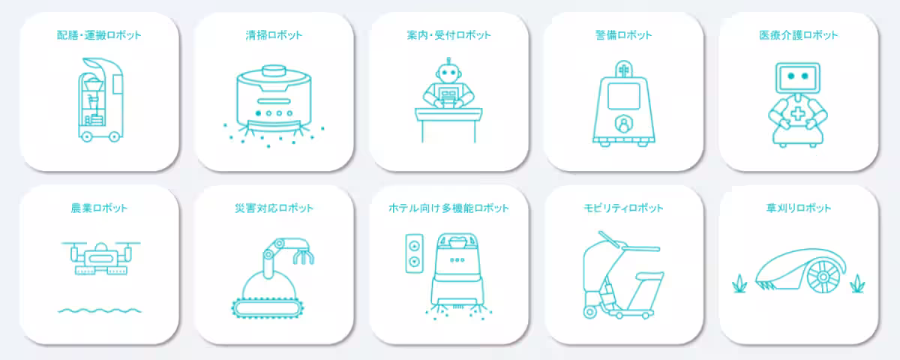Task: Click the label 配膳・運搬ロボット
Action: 99,35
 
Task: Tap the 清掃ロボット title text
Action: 274,35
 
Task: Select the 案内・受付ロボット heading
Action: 448,35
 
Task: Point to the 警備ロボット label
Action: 623,35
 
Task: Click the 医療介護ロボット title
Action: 798,35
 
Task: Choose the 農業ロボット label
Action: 99,208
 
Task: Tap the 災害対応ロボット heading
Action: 274,208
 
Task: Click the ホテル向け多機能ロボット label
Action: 448,208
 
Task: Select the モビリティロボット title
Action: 623,208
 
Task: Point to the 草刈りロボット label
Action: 798,208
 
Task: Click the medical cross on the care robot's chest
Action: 798,114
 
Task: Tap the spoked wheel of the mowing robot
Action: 823,277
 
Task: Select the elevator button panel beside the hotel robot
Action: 414,253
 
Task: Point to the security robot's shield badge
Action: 623,124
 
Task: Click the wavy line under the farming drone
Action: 99,310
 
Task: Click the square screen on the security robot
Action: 623,96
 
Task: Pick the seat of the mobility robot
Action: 649,275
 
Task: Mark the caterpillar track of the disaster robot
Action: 268,308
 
